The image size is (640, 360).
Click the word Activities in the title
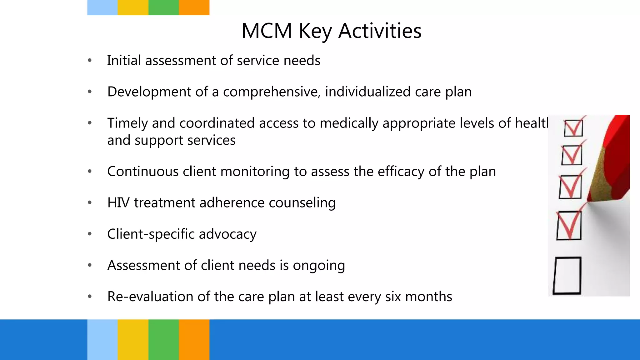point(380,31)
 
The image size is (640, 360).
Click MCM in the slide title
point(267,31)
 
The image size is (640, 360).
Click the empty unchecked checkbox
point(567,276)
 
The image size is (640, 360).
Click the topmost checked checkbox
point(573,128)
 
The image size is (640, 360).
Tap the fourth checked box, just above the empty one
point(569,225)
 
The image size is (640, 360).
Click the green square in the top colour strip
point(163,7)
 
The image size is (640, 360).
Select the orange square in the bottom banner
point(194,339)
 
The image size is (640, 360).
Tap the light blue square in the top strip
point(102,7)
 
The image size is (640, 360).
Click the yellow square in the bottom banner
point(133,339)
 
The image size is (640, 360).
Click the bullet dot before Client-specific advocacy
point(90,234)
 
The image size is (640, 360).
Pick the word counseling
point(302,203)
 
